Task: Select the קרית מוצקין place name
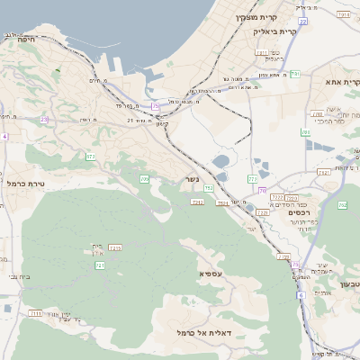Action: (x=255, y=17)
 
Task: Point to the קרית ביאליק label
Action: (x=274, y=31)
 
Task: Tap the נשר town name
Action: (x=193, y=178)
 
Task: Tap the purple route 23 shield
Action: (x=43, y=119)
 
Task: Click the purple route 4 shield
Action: (x=4, y=137)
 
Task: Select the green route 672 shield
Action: (x=90, y=157)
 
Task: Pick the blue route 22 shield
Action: (x=253, y=180)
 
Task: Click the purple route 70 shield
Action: (x=262, y=190)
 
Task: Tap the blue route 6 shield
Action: (x=301, y=294)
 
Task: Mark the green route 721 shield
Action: (x=100, y=265)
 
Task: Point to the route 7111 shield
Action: (x=36, y=313)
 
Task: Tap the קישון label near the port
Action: (x=163, y=123)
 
